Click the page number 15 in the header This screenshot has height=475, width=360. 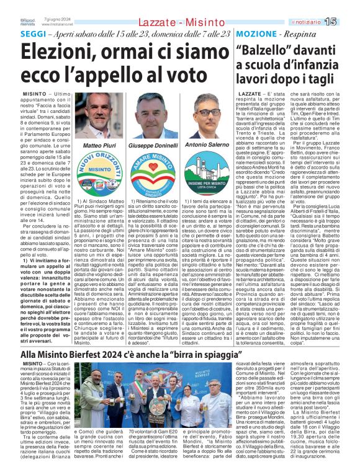point(348,22)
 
